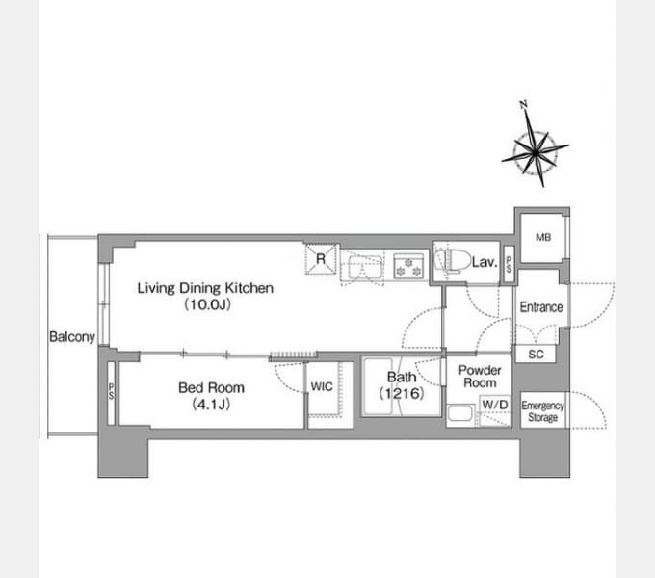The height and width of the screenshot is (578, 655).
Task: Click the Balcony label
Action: pos(72,336)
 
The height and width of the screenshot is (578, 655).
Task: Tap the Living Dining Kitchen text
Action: pos(205,288)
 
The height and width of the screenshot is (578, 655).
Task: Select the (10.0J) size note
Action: pos(208,304)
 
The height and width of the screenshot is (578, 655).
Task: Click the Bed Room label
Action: pos(211,387)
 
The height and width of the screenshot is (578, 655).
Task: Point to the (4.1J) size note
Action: pos(211,405)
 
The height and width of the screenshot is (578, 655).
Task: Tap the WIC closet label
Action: pos(322,386)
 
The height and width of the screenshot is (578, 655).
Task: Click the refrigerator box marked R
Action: pos(321,259)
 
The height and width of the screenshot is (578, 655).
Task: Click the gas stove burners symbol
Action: pos(408,267)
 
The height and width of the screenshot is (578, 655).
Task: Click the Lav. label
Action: pos(485,262)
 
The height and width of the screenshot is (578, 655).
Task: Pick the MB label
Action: pos(543,237)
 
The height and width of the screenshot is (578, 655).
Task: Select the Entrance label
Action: pos(541,307)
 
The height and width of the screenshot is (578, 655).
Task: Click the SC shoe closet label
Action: pos(536,355)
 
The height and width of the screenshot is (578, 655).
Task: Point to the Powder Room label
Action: pos(480,377)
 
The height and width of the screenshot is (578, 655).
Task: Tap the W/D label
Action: pos(495,405)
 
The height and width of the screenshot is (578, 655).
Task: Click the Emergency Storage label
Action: pos(542,411)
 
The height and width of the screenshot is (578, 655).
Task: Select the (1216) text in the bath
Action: pos(402,393)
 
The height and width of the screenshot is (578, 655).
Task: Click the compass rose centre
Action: pos(536,153)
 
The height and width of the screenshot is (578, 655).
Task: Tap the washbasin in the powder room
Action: pos(459,414)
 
